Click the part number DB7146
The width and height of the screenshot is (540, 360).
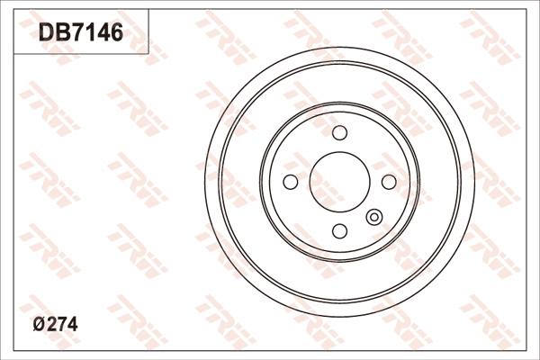(79, 34)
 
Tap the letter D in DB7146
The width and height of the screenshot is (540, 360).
(45, 34)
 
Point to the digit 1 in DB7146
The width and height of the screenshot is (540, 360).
(87, 34)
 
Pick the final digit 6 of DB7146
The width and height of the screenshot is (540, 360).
(113, 34)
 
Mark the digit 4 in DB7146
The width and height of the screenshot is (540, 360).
(100, 34)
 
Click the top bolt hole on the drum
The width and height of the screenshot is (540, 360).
(339, 133)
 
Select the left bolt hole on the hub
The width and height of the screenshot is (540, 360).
(291, 182)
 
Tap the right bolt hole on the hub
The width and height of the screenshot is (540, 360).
(388, 182)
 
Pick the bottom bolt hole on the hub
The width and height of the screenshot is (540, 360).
(339, 230)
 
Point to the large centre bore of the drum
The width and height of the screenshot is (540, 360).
(339, 182)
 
